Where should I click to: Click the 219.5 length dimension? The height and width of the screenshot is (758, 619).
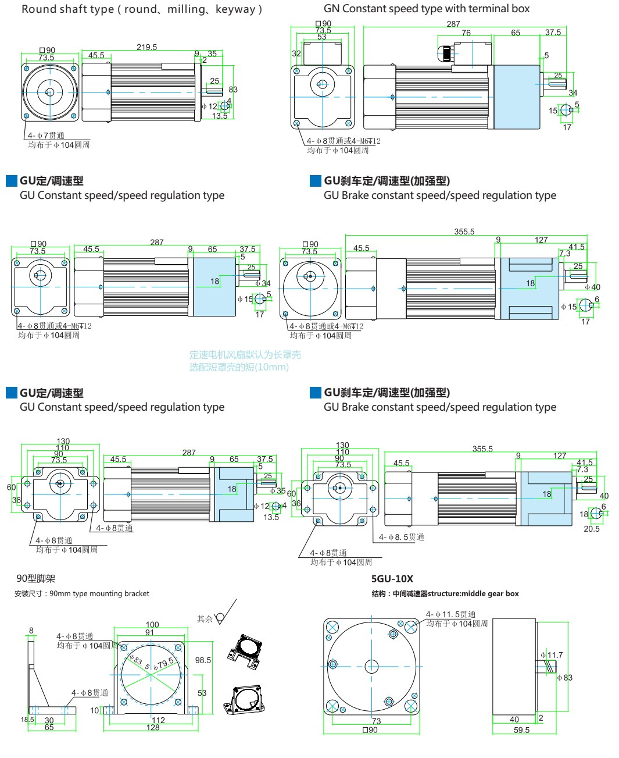[x=146, y=47]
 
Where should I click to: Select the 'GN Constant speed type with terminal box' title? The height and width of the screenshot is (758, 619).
[x=427, y=9]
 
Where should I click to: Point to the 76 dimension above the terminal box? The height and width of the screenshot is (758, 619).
[x=466, y=33]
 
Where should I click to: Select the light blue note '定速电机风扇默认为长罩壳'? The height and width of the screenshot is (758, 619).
[x=245, y=355]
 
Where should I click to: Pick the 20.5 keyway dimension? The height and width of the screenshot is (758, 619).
[x=591, y=529]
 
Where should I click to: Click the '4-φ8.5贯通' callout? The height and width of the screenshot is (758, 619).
[x=401, y=537]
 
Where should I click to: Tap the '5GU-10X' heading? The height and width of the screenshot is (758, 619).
[x=392, y=579]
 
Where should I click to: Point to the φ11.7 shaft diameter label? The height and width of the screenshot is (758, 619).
[x=552, y=655]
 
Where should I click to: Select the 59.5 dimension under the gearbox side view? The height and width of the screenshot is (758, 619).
[x=521, y=730]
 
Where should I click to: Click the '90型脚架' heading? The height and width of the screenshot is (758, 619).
[x=36, y=579]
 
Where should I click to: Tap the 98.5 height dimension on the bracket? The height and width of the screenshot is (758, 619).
[x=203, y=660]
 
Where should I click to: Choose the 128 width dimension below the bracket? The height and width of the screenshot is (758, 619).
[x=153, y=728]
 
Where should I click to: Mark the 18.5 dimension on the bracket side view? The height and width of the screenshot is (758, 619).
[x=27, y=720]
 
